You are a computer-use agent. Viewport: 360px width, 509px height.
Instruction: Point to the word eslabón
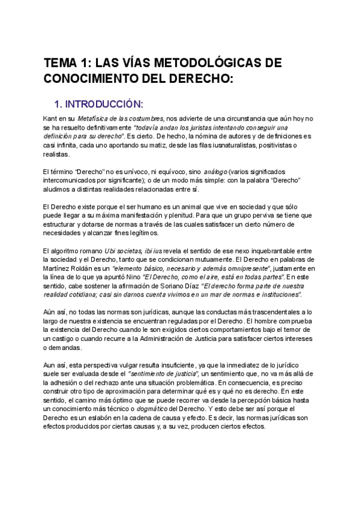[104, 417]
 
